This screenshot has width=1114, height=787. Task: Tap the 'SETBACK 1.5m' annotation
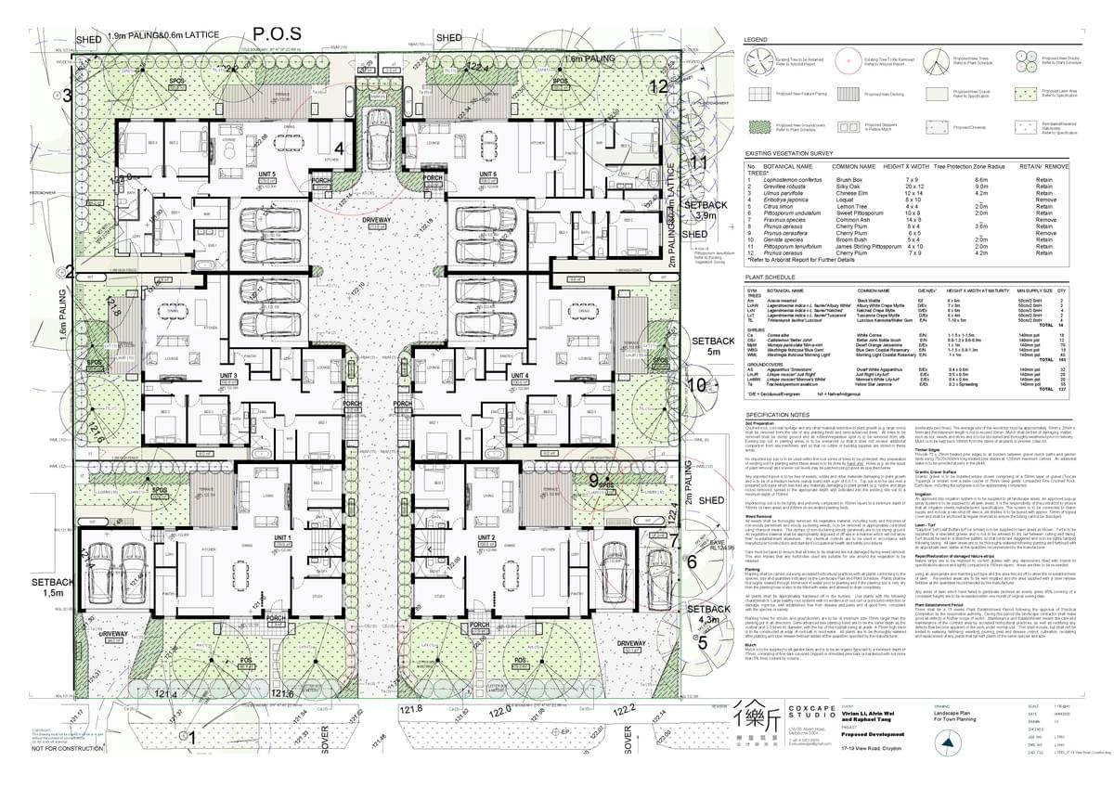coord(45,587)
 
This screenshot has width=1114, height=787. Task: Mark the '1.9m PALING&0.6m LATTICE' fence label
coord(163,35)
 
